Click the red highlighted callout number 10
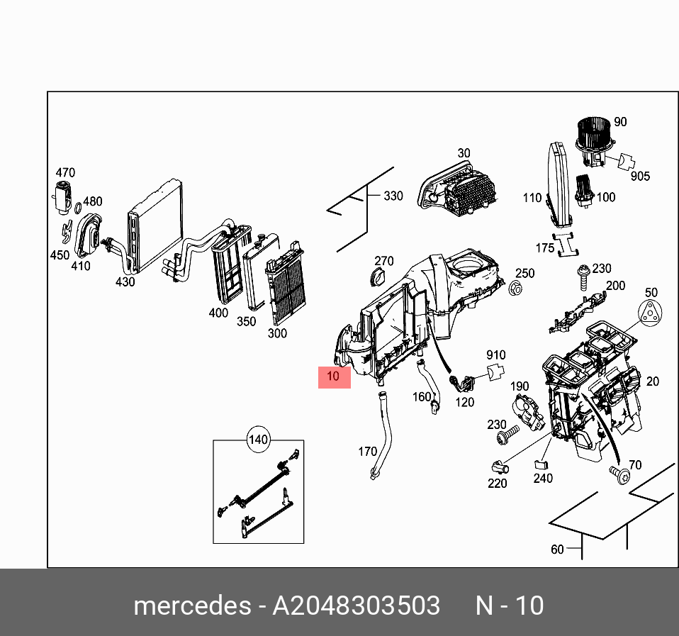pos(334,377)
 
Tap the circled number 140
pos(258,440)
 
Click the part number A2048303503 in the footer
pos(357,606)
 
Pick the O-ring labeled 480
pos(78,208)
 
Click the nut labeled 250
pos(515,289)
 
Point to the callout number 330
pos(393,196)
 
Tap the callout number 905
pos(640,176)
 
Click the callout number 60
pos(557,549)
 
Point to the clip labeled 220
pos(499,467)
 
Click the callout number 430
pos(125,281)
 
